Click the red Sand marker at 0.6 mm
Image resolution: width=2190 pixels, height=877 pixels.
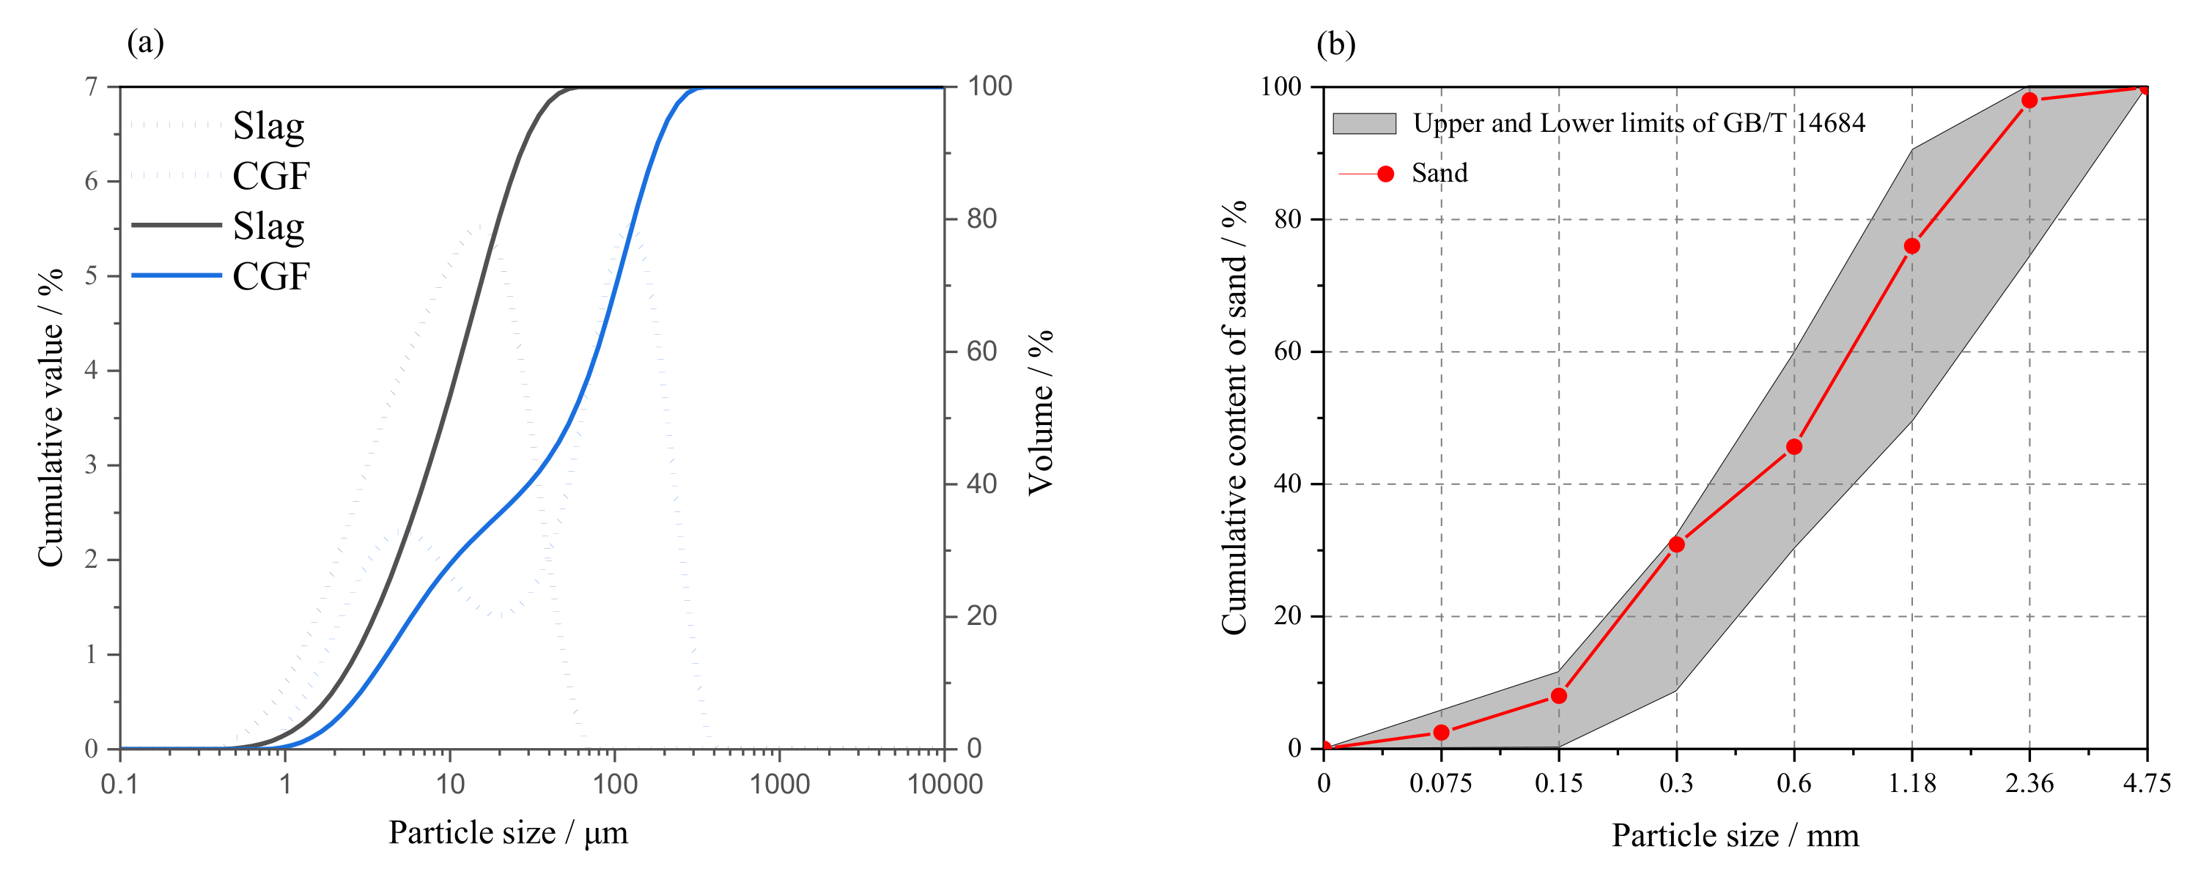[x=1793, y=447]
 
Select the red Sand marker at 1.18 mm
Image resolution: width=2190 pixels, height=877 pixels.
[x=1912, y=246]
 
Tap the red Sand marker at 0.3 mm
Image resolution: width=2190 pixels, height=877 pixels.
[x=1676, y=544]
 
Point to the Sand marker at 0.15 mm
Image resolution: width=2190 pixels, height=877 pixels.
[x=1559, y=696]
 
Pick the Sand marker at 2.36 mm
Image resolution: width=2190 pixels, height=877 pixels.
[x=2029, y=100]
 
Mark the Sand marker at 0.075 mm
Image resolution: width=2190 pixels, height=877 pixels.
[x=1441, y=733]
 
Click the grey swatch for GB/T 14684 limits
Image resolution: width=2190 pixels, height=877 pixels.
[x=1364, y=124]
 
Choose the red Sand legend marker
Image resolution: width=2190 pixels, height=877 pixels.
[x=1386, y=174]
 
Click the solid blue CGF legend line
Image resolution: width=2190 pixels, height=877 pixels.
[x=176, y=275]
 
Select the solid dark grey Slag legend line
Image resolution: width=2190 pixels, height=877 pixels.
[x=176, y=225]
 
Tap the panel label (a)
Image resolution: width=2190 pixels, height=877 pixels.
[x=145, y=42]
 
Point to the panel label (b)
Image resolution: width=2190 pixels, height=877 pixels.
[x=1335, y=43]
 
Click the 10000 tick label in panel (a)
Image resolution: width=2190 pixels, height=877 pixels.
[x=945, y=783]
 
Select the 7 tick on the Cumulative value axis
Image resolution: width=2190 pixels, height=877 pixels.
[x=91, y=86]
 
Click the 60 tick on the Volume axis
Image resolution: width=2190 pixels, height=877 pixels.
[x=982, y=351]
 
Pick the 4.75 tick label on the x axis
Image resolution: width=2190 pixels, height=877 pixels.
[x=2147, y=783]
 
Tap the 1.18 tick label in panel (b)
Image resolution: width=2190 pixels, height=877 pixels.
[x=1912, y=783]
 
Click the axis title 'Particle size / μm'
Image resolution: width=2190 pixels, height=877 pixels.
[x=509, y=833]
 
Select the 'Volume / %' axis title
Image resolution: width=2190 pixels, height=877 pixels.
[x=1041, y=413]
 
